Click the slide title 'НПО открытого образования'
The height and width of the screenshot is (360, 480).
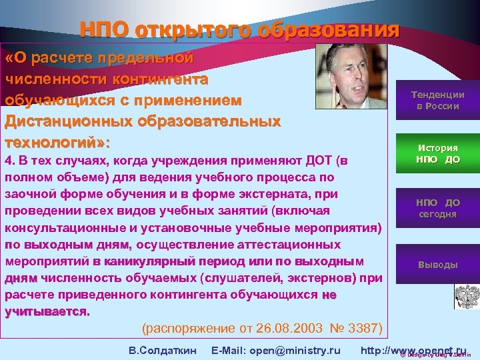[x=239, y=30]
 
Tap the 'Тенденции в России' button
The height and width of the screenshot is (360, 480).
[x=437, y=101]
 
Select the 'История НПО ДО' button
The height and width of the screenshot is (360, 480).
[x=437, y=154]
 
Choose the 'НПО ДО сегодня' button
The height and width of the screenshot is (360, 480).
[x=437, y=208]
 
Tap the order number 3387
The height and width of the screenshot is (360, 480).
[x=369, y=329]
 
